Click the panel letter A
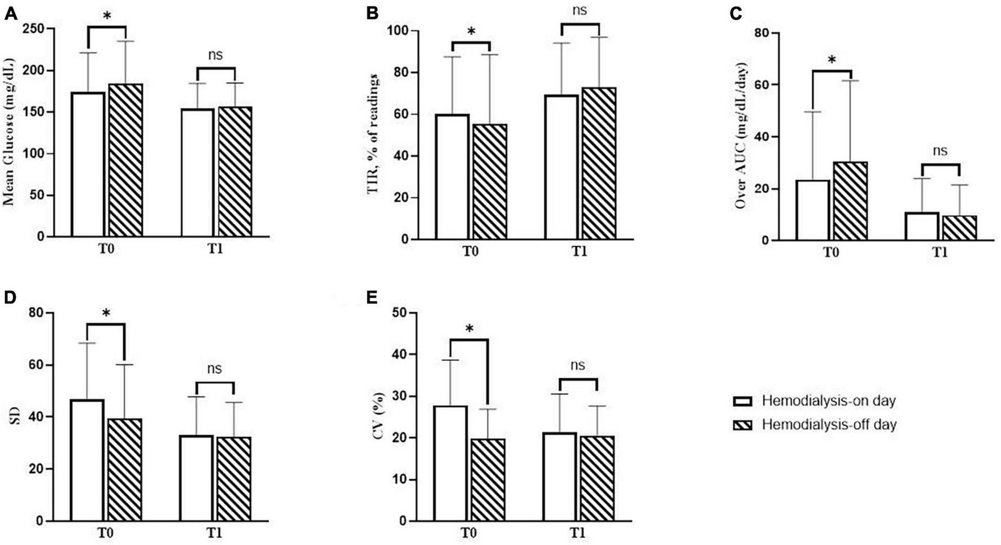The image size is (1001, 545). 10,13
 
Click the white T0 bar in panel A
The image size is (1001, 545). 88,164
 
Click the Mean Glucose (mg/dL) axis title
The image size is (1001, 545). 10,133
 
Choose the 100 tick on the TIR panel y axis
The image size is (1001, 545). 394,30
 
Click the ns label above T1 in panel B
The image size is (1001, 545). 579,11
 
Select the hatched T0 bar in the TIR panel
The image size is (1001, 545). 490,181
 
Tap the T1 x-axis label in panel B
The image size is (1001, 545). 579,251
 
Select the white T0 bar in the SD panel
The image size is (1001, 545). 88,460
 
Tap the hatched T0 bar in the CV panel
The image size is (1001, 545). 488,480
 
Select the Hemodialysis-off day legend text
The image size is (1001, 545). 829,425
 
